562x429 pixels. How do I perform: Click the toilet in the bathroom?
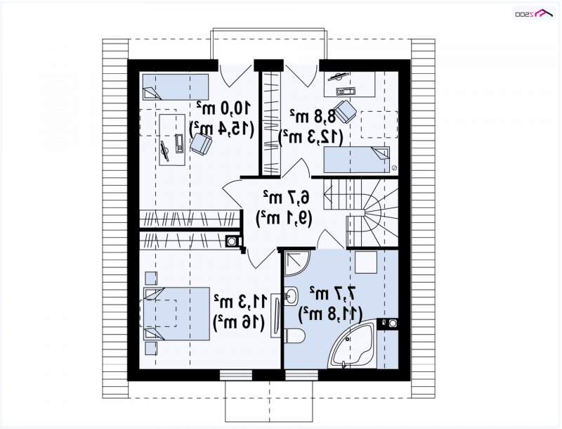[x=295, y=335]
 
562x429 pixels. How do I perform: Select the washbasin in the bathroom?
[x=291, y=296]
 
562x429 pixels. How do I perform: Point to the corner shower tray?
[x=296, y=263]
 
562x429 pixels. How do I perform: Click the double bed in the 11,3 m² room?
[x=177, y=314]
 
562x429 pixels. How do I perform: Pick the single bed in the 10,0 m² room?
[x=176, y=87]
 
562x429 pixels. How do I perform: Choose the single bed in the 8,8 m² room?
[x=357, y=160]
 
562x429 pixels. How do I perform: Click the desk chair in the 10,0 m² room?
[x=201, y=144]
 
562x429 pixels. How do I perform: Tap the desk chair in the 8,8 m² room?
[x=345, y=111]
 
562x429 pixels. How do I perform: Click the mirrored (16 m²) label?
[x=239, y=323]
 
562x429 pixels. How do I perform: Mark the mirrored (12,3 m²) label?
[x=311, y=136]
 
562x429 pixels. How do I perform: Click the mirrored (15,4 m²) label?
[x=221, y=129]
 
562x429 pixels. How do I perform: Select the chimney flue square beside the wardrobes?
[x=232, y=241]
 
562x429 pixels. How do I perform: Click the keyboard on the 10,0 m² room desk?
[x=179, y=143]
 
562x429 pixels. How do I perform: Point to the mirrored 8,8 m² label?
[x=313, y=116]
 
